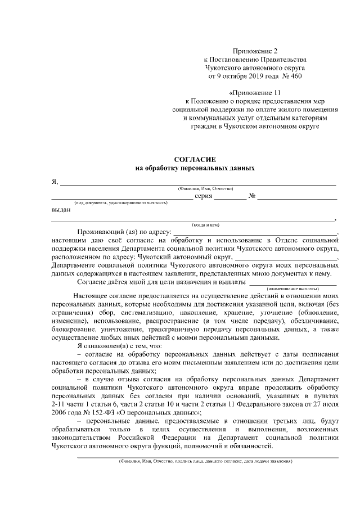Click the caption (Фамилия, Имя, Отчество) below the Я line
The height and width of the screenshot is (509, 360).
tap(205, 188)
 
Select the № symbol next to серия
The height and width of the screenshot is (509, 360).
tap(252, 196)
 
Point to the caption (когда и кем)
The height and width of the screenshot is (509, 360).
tap(205, 224)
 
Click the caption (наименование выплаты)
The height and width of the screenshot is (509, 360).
tap(306, 287)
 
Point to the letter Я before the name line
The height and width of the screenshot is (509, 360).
tap(54, 181)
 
